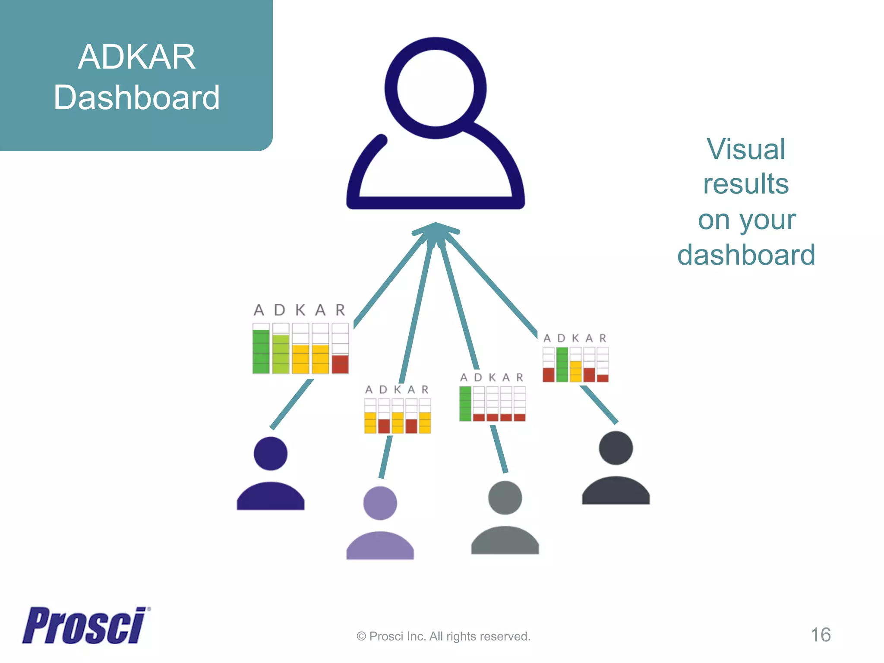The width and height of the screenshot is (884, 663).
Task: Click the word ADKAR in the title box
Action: tap(136, 57)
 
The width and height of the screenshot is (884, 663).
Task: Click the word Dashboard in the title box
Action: tap(136, 98)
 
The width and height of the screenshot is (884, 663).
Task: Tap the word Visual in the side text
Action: tap(746, 149)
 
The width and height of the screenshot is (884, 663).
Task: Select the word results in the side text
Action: tap(746, 184)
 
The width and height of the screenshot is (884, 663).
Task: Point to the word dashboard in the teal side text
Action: tap(746, 255)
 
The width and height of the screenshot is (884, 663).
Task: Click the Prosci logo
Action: tap(85, 625)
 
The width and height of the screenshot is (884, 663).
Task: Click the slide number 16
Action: tap(820, 635)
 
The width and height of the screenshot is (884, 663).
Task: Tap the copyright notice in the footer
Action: tap(443, 636)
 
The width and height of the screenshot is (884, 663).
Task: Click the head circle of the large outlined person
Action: tap(436, 88)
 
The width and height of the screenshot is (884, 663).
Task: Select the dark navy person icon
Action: tap(271, 475)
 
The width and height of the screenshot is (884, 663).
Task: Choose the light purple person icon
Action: tap(380, 524)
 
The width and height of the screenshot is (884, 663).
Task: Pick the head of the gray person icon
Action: tap(505, 498)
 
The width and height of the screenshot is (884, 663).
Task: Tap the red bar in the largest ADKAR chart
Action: tap(340, 364)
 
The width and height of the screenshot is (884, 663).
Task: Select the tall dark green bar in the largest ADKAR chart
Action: tap(261, 351)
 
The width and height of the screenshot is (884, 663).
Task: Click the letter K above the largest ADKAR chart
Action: tap(300, 310)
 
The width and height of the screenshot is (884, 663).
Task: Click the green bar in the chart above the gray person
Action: tap(465, 404)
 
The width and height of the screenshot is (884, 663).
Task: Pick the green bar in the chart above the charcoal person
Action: tap(562, 364)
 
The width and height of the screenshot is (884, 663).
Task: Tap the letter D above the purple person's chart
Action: tap(383, 390)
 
